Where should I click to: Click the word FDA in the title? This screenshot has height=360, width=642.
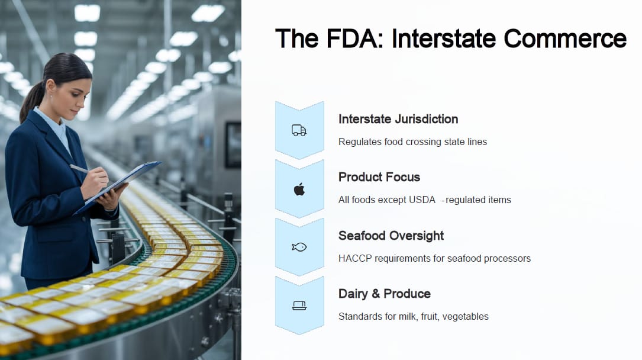coord(355,38)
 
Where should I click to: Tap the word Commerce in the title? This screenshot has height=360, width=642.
coord(565,38)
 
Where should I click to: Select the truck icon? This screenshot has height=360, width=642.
coord(299,130)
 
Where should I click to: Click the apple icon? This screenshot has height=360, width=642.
coord(299,189)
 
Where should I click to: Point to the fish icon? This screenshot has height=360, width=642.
coord(299,247)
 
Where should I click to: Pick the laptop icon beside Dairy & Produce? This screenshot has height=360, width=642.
coord(299,306)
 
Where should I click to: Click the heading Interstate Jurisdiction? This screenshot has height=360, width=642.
coord(398,119)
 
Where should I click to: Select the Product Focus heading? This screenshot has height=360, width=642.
coord(379,177)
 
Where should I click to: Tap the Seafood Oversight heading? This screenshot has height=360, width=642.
coord(391,236)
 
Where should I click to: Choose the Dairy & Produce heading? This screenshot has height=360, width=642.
coord(385,294)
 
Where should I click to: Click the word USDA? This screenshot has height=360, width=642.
coord(422,200)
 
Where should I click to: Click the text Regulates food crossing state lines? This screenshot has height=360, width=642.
coord(413,142)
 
